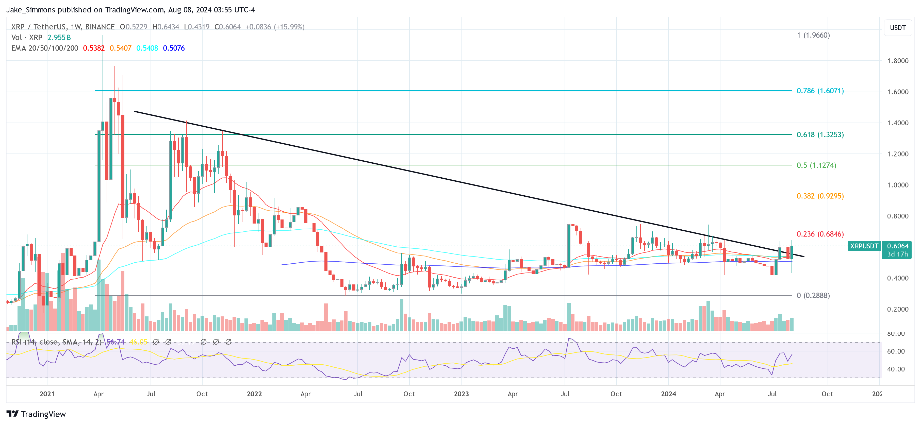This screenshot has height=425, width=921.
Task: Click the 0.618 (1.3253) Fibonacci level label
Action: [820, 135]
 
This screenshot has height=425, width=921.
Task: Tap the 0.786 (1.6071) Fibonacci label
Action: [820, 91]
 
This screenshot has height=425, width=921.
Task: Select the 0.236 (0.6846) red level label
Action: [820, 234]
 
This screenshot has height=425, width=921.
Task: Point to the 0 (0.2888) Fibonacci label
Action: [813, 296]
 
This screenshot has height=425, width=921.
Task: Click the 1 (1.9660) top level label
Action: [813, 35]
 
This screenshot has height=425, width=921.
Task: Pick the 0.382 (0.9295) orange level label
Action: [820, 196]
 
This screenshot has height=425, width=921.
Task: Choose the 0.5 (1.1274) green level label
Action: [816, 165]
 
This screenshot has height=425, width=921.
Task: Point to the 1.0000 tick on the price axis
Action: [897, 185]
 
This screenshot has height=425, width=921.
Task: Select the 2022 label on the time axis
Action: [254, 394]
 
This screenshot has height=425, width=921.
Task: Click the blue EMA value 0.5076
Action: [174, 48]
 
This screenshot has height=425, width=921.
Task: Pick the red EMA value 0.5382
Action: [94, 48]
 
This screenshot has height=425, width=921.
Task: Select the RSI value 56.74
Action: [116, 342]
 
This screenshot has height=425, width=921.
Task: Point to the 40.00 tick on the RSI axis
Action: [896, 369]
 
